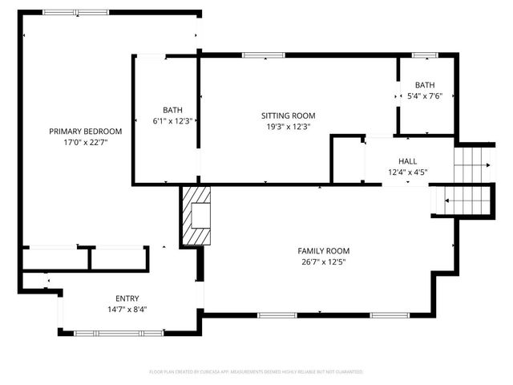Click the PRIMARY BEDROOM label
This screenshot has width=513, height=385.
(85, 132)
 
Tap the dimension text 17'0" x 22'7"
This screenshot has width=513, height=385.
(85, 142)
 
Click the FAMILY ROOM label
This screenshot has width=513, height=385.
(324, 250)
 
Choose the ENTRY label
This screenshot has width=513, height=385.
(127, 298)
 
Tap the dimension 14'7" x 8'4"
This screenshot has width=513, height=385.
(127, 308)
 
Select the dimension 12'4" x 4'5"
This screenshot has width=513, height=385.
(408, 172)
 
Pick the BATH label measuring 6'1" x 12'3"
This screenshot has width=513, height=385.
(173, 111)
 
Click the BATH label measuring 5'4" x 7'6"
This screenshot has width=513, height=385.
(425, 85)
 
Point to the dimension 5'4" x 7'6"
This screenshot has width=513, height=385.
(425, 95)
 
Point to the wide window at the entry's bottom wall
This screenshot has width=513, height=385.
(112, 330)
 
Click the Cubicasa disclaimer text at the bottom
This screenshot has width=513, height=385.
(256, 372)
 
